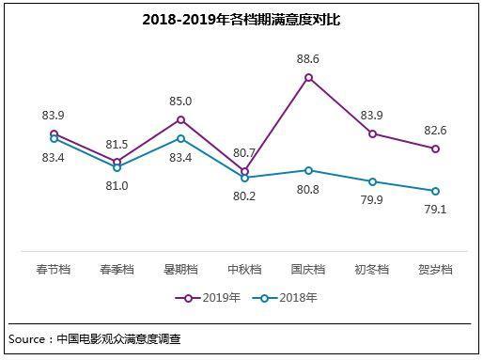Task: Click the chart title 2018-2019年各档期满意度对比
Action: point(241,19)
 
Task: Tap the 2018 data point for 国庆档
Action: point(308,170)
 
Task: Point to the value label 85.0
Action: point(180,101)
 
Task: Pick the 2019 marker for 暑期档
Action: point(180,119)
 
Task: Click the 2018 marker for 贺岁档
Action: point(435,191)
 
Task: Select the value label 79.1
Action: point(435,209)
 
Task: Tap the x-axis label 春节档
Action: point(54,269)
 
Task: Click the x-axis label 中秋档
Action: point(244,269)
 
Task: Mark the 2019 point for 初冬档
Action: point(372,133)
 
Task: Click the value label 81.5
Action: point(117,144)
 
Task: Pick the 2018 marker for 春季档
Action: point(117,167)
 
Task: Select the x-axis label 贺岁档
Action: point(435,269)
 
